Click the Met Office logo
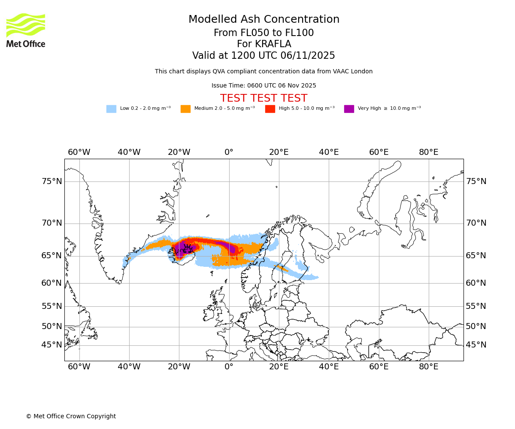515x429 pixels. [26, 30]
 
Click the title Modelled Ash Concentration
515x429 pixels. [264, 20]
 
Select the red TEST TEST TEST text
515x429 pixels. [264, 99]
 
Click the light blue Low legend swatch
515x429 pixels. [111, 109]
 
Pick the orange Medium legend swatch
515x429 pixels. [185, 109]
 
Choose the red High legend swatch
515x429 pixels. [270, 109]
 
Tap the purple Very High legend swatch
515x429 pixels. [349, 109]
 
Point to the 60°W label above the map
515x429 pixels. [79, 152]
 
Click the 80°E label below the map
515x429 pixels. [429, 367]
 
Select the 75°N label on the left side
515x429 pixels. [52, 181]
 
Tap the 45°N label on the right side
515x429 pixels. [476, 345]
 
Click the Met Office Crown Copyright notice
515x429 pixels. [71, 416]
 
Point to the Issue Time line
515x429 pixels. [264, 85]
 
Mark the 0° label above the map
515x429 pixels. [229, 152]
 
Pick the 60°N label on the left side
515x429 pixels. [52, 283]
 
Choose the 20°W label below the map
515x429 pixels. [179, 367]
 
